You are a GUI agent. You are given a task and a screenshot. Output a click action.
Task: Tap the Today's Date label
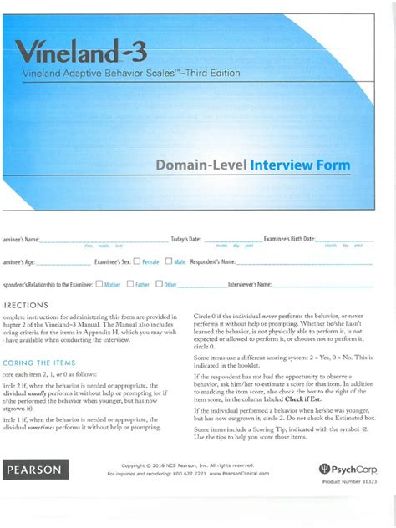click(x=187, y=240)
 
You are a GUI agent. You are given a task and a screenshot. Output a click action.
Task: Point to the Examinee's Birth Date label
click(x=289, y=240)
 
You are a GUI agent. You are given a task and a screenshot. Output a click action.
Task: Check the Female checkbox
click(x=138, y=261)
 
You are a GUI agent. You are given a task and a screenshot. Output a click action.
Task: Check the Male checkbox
click(x=169, y=261)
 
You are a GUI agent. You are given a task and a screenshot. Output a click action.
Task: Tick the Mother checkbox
click(x=99, y=284)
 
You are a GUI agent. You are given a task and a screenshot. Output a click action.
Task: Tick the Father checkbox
click(x=130, y=284)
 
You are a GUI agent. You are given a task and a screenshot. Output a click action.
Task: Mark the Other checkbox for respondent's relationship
click(x=160, y=284)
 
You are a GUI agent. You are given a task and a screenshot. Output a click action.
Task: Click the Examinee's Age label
click(x=18, y=262)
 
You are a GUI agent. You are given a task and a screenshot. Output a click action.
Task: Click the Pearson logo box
click(x=34, y=470)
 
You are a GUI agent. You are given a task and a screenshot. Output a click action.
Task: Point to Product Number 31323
click(x=348, y=483)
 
